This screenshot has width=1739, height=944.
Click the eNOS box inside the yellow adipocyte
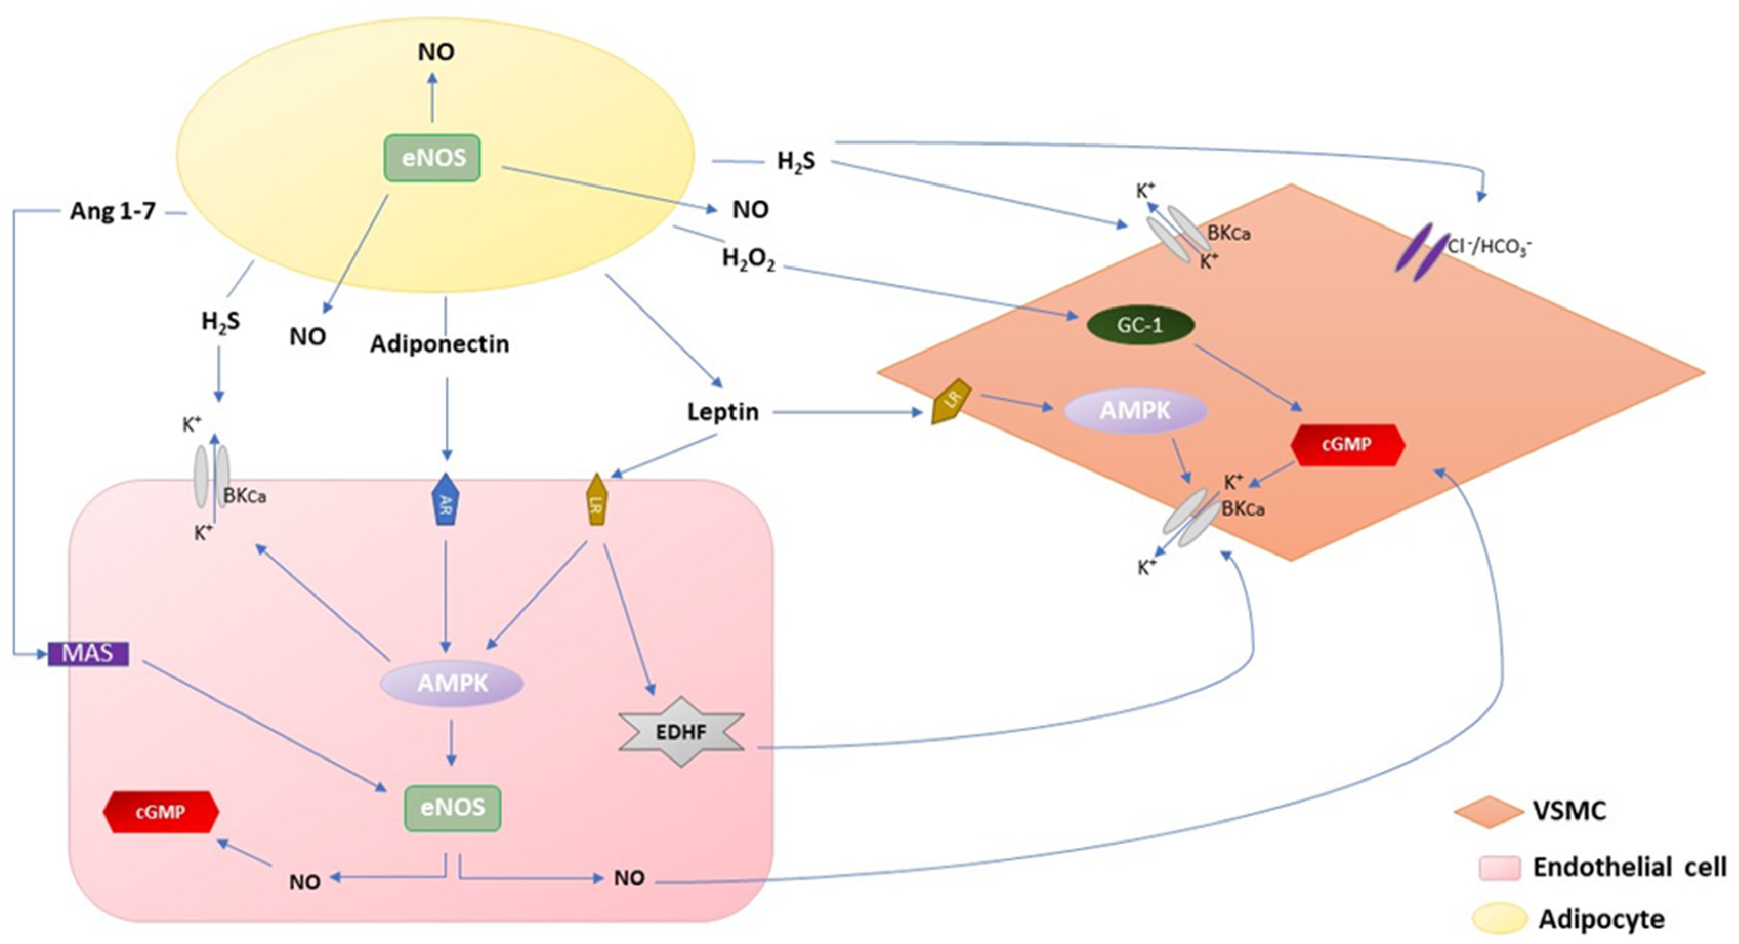tap(433, 158)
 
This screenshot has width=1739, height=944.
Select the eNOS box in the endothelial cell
tap(452, 808)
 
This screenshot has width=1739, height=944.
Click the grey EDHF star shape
tap(681, 732)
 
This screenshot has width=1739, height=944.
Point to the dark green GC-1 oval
tap(1140, 325)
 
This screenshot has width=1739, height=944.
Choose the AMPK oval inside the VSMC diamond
tap(1136, 410)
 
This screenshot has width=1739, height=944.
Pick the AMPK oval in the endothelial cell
tap(452, 683)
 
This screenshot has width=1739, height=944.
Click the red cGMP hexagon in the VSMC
tap(1347, 444)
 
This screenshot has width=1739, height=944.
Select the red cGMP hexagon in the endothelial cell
tap(161, 812)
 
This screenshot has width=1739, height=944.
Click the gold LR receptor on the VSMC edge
tap(951, 401)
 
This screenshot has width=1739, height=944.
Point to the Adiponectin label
tap(439, 344)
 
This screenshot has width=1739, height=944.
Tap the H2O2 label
tap(748, 259)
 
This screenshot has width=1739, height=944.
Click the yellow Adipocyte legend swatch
tap(1499, 918)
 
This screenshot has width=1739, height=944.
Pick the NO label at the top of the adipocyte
tap(436, 52)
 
